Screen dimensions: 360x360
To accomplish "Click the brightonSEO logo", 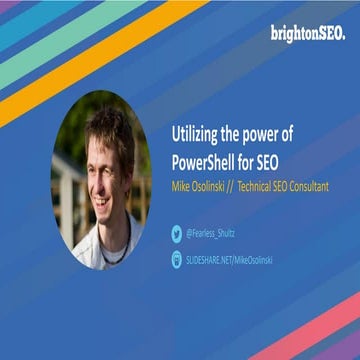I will coord(307,33).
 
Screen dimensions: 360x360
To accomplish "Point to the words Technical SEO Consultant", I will coord(281,187).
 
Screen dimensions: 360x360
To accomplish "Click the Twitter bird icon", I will coord(177,233).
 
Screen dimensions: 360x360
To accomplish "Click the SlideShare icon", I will coord(177,258).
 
